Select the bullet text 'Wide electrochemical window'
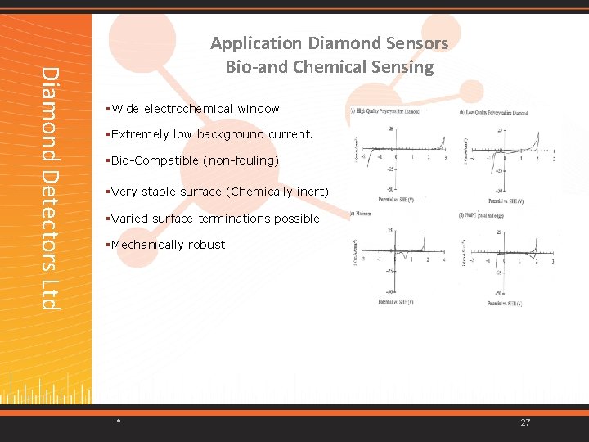(x=196, y=109)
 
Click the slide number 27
(x=525, y=422)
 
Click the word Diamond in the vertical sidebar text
(x=51, y=103)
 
